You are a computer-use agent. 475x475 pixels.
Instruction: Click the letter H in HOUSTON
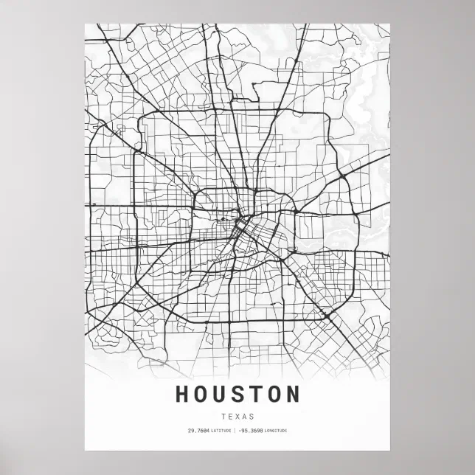[182, 395]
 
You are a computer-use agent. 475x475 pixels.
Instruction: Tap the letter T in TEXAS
[222, 416]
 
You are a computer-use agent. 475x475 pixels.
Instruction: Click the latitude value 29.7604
[198, 430]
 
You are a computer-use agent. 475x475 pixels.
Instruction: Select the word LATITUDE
[221, 430]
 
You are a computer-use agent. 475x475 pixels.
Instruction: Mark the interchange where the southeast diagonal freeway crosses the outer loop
[325, 316]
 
